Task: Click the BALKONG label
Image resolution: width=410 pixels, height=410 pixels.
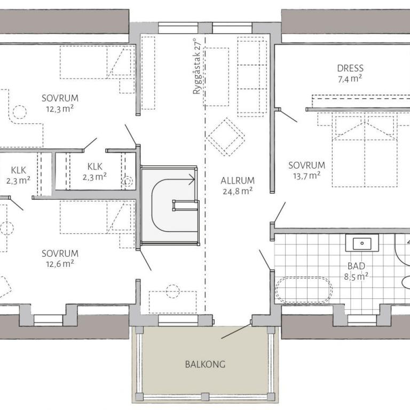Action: [205, 364]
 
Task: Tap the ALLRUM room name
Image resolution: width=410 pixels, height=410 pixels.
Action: [238, 180]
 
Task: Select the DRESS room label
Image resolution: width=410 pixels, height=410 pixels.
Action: [350, 68]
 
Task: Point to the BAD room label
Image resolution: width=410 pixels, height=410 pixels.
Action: [356, 266]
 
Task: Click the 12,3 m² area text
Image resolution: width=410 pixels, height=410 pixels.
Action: [60, 109]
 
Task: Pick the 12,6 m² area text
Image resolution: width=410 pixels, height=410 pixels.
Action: [60, 264]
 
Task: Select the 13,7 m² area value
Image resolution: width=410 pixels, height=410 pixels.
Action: [307, 176]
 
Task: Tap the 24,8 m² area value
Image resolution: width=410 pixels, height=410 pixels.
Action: [238, 191]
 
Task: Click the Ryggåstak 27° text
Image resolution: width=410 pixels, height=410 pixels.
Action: [196, 66]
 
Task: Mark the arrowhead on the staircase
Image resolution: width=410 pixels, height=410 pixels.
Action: [193, 179]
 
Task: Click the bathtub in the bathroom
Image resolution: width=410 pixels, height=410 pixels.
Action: [304, 290]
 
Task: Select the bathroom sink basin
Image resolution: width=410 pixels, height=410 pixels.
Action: [362, 243]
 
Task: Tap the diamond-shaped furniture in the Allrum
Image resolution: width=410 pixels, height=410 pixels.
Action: [226, 137]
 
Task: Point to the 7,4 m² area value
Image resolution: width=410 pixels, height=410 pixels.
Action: [350, 78]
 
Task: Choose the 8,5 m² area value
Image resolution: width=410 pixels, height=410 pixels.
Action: [356, 277]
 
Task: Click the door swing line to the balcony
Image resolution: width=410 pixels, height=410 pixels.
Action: [236, 332]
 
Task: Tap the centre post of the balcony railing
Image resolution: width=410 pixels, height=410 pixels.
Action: [205, 397]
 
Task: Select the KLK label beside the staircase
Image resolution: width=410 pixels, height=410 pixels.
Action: [94, 167]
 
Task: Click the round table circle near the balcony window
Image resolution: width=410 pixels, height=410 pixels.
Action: [172, 291]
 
